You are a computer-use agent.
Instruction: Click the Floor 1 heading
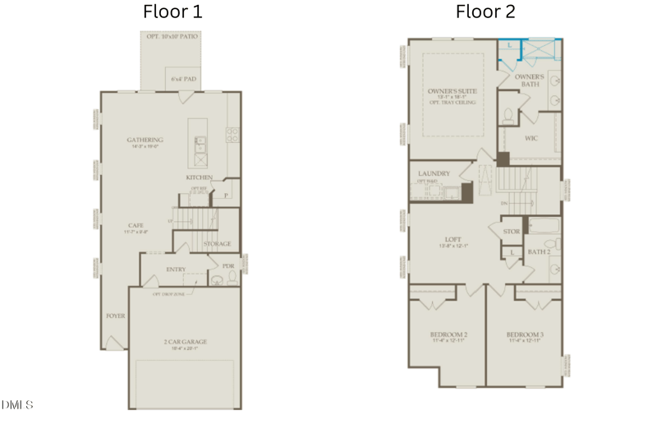(x=172, y=12)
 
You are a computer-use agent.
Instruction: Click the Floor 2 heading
(x=486, y=12)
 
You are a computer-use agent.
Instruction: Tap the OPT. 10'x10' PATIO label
(x=172, y=37)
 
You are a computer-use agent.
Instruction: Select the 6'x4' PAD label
(x=183, y=80)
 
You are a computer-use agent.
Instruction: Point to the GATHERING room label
(x=145, y=140)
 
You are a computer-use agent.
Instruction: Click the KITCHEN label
(x=199, y=177)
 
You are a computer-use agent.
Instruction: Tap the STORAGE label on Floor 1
(x=217, y=244)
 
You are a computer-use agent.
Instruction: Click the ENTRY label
(x=176, y=269)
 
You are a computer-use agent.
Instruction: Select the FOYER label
(x=115, y=316)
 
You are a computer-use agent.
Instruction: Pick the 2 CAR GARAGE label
(x=185, y=341)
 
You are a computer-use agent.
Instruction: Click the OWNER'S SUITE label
(x=453, y=90)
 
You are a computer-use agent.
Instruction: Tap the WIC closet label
(x=531, y=137)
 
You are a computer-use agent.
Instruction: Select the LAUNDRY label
(x=434, y=173)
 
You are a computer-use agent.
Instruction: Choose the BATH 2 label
(x=539, y=252)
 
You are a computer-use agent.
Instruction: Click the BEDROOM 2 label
(x=448, y=334)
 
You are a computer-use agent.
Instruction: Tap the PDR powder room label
(x=228, y=266)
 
